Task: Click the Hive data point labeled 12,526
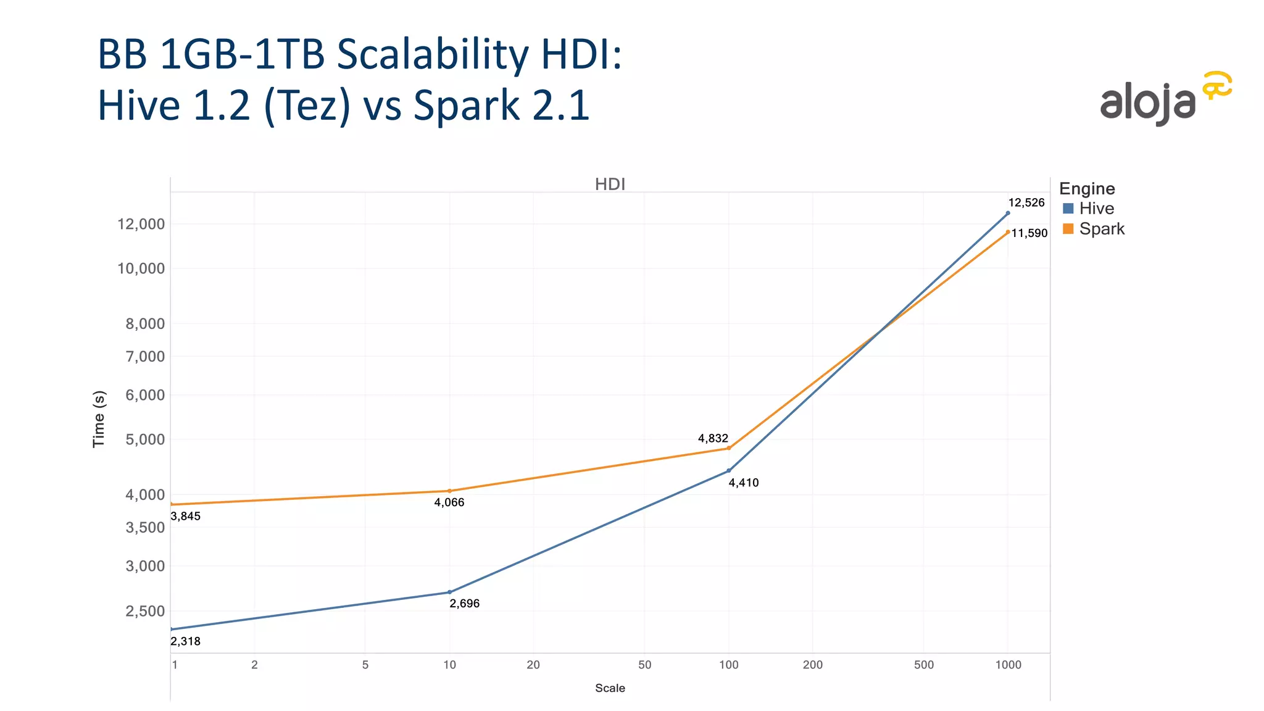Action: [1008, 213]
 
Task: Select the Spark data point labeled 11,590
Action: [1008, 232]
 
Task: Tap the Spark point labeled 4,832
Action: [729, 448]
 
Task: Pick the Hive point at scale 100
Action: [729, 470]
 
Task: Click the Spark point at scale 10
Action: [449, 491]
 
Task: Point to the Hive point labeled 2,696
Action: [449, 592]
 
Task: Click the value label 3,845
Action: [186, 517]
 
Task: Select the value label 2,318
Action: [186, 641]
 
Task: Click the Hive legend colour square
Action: [1068, 209]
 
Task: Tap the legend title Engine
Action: [1087, 189]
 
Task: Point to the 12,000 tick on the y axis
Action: [141, 224]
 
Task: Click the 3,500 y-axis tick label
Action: [145, 527]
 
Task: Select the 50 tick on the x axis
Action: [644, 665]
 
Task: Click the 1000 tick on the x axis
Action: [1008, 665]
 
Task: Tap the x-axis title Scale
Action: [610, 688]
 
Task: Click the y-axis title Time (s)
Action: [99, 419]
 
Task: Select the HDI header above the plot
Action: [610, 184]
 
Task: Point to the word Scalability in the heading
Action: [433, 56]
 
